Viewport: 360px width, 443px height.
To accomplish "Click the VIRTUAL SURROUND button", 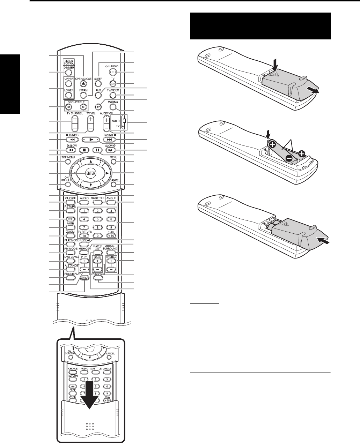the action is tap(110, 253).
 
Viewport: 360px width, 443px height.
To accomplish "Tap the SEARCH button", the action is tap(84, 278).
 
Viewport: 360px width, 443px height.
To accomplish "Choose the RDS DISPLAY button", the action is tap(70, 278).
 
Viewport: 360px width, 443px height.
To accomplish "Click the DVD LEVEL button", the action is tap(70, 261).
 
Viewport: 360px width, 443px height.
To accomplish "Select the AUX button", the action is tap(98, 95).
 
